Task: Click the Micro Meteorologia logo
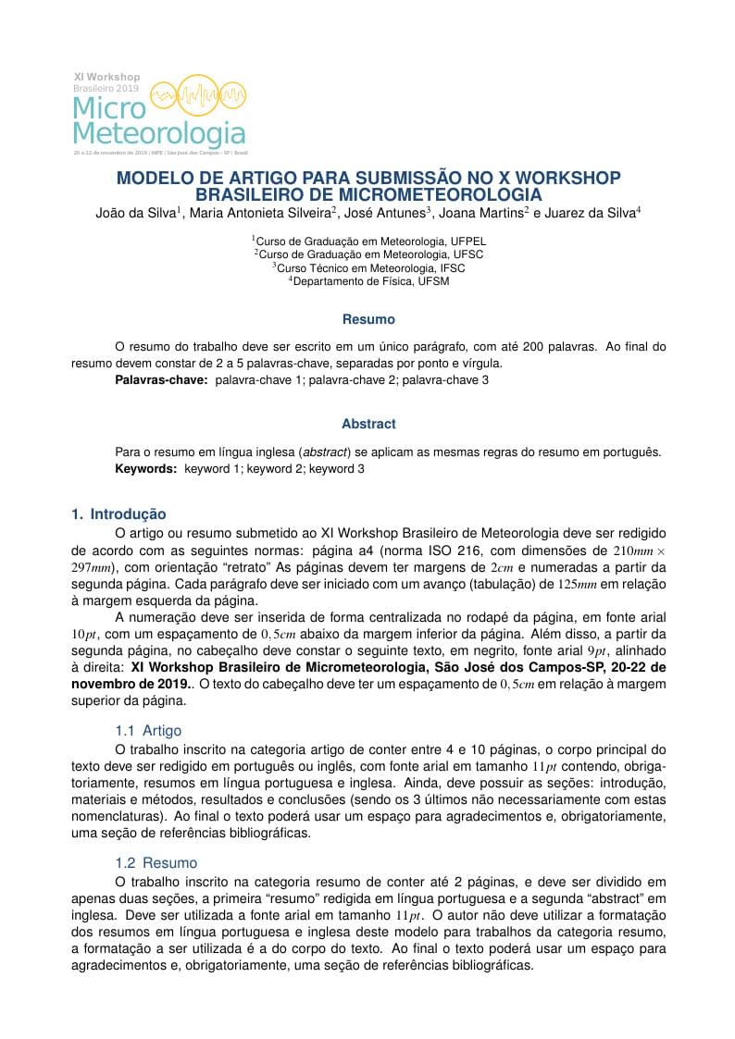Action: [160, 112]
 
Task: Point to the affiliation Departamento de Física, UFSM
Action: [369, 281]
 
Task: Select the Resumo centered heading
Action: [368, 319]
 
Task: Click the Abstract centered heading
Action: [368, 424]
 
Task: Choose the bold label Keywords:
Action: [145, 469]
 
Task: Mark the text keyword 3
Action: [337, 469]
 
